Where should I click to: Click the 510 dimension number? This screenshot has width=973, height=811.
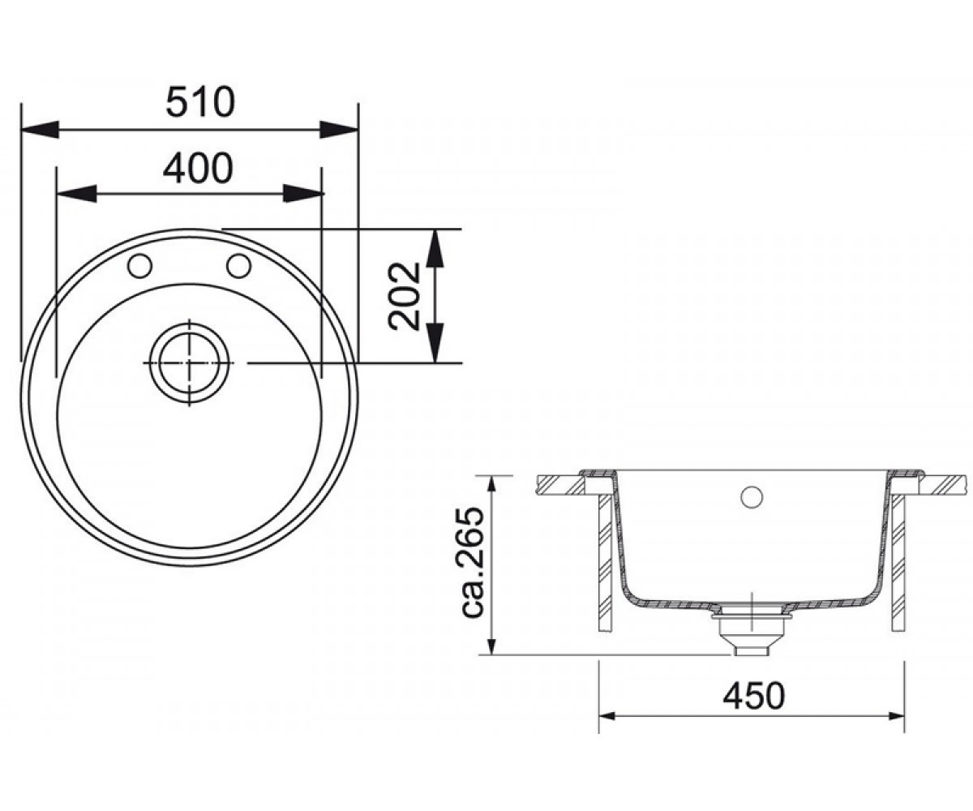coord(200,102)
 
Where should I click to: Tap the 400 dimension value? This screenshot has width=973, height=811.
coord(198,168)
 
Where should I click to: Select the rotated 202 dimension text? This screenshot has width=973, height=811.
coord(404,297)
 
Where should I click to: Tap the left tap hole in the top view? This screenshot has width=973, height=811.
coord(139,266)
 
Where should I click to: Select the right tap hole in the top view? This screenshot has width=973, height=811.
coord(238,266)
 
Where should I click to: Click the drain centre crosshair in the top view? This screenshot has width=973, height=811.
coord(189,363)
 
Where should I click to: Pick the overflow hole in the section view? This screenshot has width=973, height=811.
coord(752,496)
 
